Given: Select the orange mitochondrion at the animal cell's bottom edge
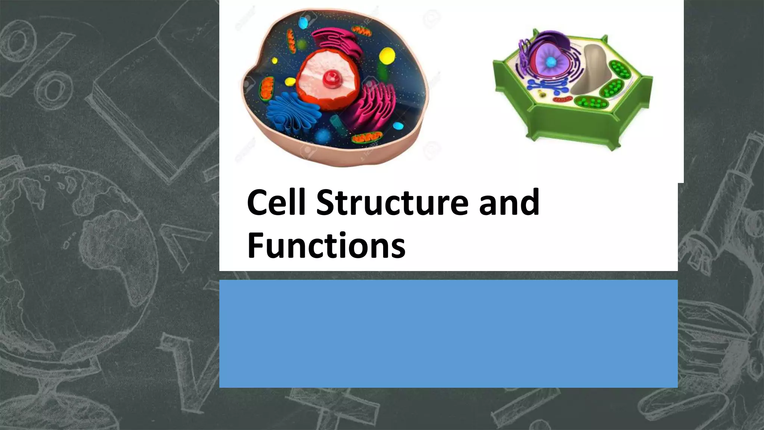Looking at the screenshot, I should point(367,138).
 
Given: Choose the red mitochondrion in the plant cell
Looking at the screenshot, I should point(563,100).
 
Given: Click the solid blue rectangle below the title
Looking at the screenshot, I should point(448,333).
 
